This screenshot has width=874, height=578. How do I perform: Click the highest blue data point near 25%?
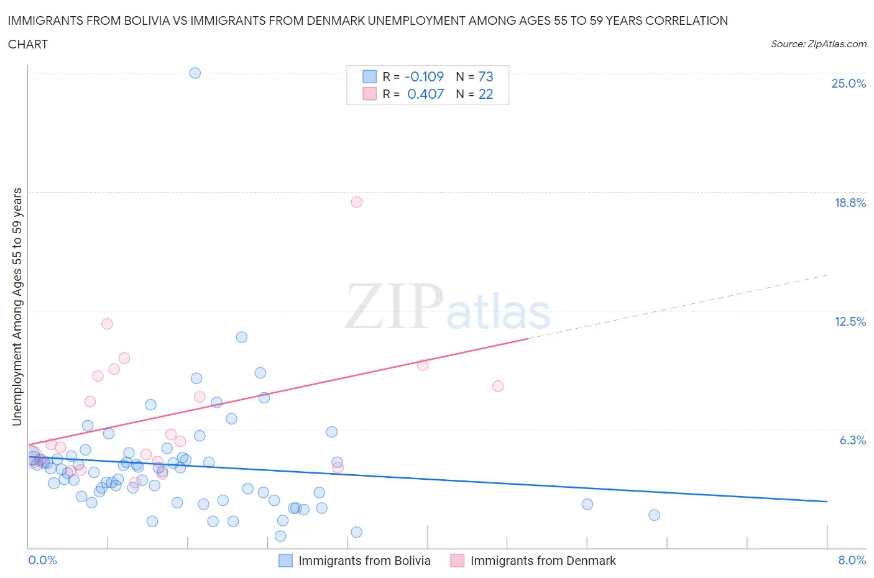[195, 73]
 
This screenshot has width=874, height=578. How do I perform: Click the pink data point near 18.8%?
[356, 202]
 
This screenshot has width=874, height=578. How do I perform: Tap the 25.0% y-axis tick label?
[849, 83]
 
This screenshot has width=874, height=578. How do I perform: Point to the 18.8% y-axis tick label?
[850, 203]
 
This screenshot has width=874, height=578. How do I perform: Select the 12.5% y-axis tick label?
[850, 321]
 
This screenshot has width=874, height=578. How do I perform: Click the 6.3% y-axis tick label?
[852, 440]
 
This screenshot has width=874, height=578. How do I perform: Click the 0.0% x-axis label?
[42, 561]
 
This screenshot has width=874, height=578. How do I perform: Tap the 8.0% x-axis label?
[852, 561]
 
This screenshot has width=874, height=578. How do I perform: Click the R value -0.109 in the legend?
[424, 76]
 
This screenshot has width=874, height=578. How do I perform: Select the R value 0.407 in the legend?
[425, 94]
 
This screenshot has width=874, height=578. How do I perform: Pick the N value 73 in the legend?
[485, 76]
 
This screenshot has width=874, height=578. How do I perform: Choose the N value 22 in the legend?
[485, 94]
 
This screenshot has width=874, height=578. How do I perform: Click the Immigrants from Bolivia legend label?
[364, 561]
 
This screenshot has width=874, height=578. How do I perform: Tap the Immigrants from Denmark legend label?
[543, 561]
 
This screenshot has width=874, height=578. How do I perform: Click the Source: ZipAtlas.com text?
[818, 44]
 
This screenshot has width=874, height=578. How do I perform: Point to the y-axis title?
[17, 307]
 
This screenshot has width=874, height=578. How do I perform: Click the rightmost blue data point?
[654, 515]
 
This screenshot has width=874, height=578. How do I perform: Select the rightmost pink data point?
[498, 386]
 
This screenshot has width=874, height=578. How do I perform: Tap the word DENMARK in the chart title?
[333, 21]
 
